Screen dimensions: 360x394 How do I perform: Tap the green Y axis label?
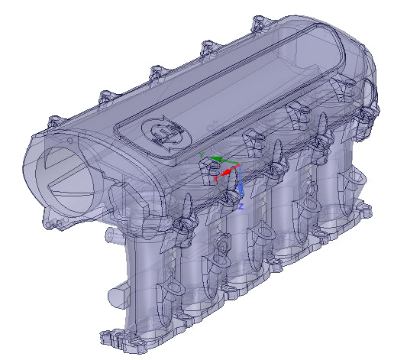201,155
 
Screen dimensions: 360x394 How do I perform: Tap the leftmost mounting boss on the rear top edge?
56,122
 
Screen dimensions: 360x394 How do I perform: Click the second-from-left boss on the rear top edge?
105,98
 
